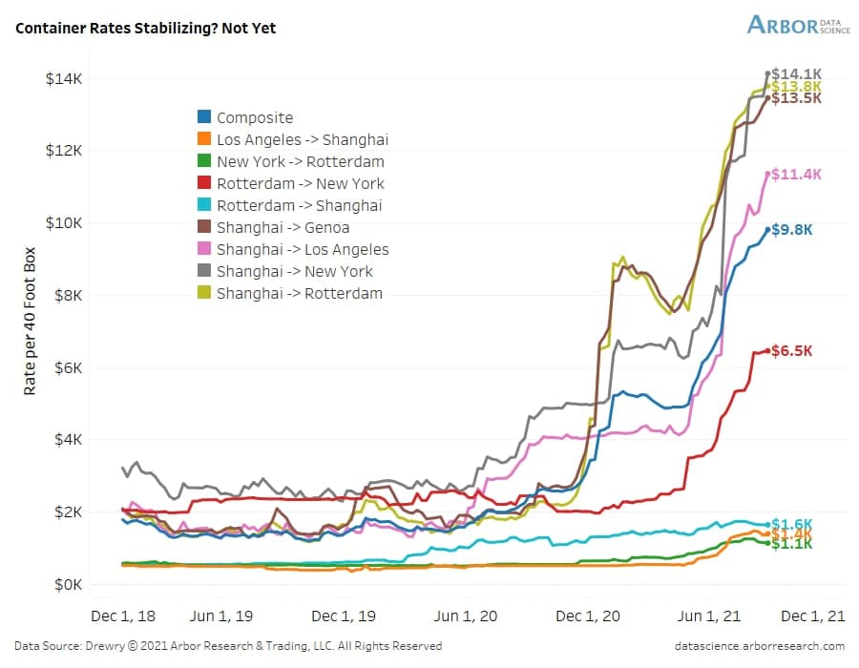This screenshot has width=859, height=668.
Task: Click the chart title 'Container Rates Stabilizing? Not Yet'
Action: tap(145, 28)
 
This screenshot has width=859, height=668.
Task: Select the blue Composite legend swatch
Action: tap(204, 117)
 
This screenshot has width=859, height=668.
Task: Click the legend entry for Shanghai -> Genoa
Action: tap(283, 227)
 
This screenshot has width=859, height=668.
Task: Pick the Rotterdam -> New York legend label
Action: tap(301, 183)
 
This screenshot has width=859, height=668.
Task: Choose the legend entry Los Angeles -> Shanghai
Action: tap(302, 139)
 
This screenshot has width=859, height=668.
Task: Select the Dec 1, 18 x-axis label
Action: tap(127, 616)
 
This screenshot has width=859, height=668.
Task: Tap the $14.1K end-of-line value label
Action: tap(796, 73)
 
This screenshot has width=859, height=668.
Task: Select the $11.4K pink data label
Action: tap(796, 175)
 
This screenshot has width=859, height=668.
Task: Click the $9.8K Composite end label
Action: tap(792, 230)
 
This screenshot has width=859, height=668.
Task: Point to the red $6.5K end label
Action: tap(792, 351)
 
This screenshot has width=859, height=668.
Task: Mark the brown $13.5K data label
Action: tap(796, 98)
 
